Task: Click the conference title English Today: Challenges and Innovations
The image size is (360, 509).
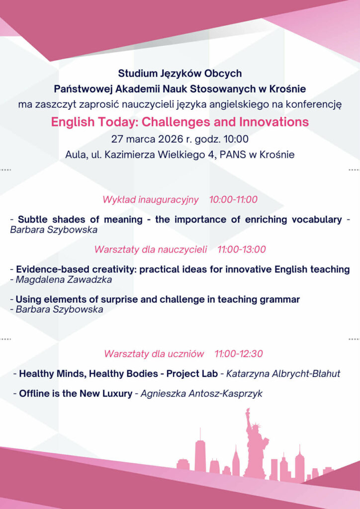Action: point(180,122)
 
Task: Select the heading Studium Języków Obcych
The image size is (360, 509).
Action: point(180,74)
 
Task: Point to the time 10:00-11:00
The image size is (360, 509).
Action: point(233,200)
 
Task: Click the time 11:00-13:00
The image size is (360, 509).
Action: point(242,250)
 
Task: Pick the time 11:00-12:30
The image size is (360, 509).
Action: point(239,354)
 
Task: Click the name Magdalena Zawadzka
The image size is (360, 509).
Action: point(64,279)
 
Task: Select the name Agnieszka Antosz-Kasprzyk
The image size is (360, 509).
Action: point(201,394)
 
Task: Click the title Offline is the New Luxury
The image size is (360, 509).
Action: point(76,394)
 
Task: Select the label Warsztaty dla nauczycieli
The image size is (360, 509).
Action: point(151,250)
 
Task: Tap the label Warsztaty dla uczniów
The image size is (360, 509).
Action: point(154,354)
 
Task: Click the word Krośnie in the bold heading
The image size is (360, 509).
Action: point(288,89)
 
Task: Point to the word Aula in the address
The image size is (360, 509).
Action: point(75,155)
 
